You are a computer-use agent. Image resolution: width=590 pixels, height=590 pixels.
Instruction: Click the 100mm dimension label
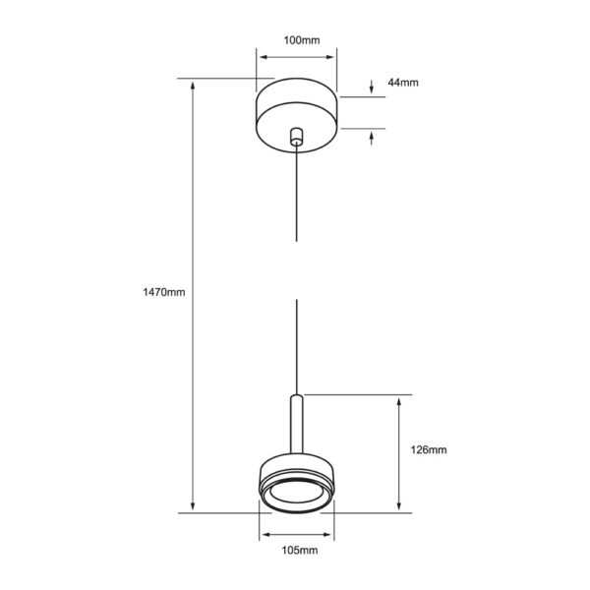click(302, 40)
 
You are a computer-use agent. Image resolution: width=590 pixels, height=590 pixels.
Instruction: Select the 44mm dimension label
click(403, 83)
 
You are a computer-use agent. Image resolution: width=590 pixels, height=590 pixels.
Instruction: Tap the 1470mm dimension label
click(164, 292)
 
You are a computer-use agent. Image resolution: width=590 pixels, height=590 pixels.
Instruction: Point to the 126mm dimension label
click(429, 449)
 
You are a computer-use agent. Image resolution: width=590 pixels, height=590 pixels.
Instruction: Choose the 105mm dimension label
click(300, 550)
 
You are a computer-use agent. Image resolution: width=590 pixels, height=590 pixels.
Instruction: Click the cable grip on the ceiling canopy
click(297, 137)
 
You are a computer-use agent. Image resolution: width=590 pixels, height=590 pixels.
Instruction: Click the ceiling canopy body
click(297, 115)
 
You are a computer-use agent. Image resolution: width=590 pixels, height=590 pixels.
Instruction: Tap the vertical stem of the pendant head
click(297, 424)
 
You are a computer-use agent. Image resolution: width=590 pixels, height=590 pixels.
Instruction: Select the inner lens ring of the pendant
click(297, 494)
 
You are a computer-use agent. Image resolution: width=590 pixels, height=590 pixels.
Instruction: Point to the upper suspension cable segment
click(297, 193)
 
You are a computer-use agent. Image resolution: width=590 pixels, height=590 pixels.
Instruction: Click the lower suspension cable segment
click(297, 347)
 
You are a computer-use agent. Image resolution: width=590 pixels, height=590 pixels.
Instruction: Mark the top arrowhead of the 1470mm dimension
click(193, 85)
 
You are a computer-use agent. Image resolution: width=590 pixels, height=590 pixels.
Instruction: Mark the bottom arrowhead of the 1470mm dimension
click(193, 506)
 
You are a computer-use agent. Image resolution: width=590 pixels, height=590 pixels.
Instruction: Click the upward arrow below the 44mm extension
click(372, 138)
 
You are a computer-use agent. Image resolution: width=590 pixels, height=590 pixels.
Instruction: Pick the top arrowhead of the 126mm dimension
click(399, 401)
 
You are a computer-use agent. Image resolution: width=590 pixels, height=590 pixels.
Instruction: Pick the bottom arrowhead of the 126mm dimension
click(399, 506)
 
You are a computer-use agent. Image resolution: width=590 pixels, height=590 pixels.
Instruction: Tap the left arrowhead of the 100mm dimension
click(265, 57)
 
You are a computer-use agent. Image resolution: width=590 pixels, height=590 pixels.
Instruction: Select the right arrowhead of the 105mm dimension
click(326, 534)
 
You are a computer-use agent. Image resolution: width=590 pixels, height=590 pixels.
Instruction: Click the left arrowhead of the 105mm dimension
click(266, 534)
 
